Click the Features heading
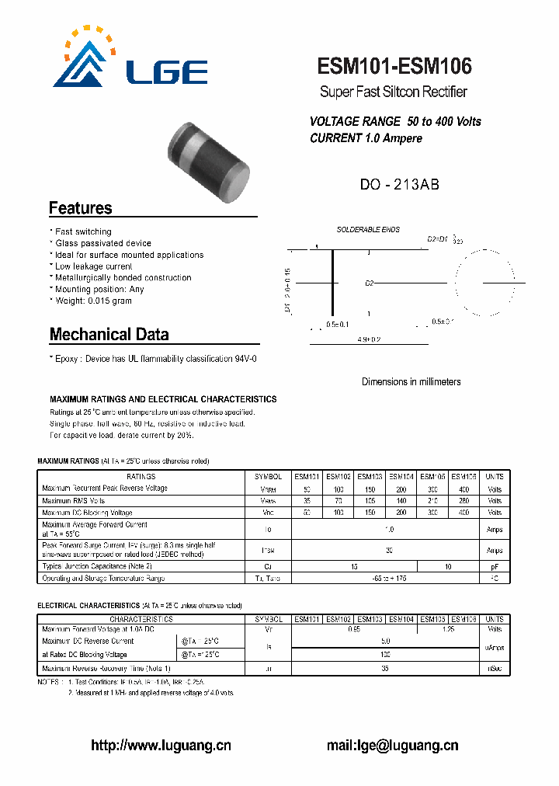(81, 208)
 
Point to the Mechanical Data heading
(109, 335)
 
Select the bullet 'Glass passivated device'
(102, 243)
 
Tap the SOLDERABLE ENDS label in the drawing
(368, 230)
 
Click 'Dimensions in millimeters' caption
(411, 381)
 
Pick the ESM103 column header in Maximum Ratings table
(370, 477)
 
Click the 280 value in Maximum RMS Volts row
(464, 501)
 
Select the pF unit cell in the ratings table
(494, 567)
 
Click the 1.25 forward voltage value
(449, 630)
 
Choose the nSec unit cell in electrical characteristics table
(494, 668)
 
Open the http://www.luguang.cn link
(161, 746)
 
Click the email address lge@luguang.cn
(392, 746)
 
